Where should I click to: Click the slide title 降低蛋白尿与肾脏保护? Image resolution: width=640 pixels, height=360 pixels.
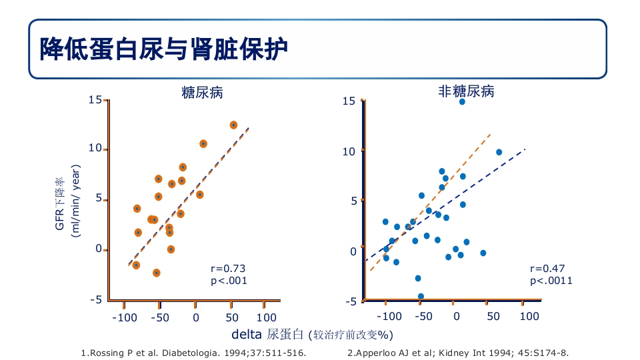pos(165,49)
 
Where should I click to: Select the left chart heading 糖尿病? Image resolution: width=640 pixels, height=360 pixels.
pos(202,93)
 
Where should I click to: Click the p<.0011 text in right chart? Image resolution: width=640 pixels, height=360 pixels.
pos(551,281)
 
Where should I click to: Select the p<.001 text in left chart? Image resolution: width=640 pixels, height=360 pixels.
pos(229,281)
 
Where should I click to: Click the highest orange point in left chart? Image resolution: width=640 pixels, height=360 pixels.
pos(233,125)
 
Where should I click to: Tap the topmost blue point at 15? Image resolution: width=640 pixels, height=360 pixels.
pos(462,101)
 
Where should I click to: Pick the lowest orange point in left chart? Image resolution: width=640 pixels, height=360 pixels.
pos(156,273)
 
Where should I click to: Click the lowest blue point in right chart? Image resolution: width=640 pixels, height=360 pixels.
pos(421,296)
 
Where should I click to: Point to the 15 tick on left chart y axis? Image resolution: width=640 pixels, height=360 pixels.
pos(95,100)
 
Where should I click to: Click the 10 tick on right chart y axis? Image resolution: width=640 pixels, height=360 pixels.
pos(349,151)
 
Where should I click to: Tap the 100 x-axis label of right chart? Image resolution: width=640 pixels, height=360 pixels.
pos(529,316)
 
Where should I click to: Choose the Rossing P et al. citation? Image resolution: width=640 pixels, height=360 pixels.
pos(193,353)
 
